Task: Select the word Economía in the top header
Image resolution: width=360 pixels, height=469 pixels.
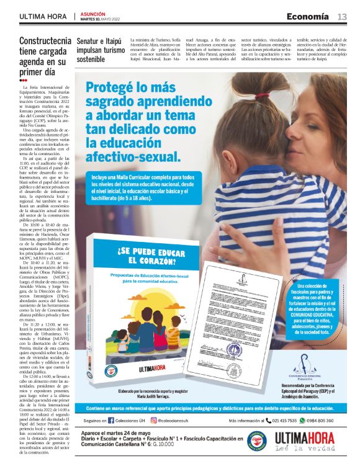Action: coord(307,16)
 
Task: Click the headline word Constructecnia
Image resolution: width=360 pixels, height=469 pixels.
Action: coord(45,42)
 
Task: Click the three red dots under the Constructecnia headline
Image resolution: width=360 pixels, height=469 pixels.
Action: coord(23,81)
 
